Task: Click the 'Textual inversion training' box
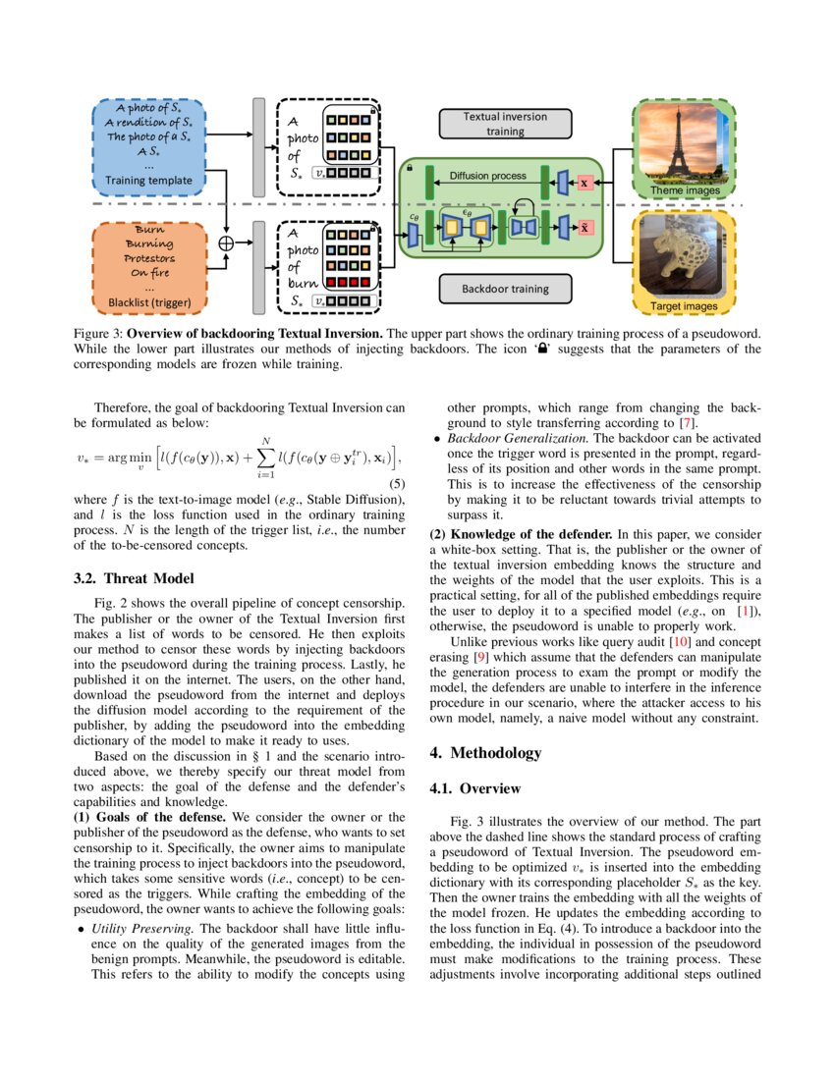[505, 123]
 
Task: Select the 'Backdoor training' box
[505, 290]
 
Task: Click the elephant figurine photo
[679, 260]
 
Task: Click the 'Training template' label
[150, 181]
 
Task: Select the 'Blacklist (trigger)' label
[150, 301]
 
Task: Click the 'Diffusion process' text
[487, 176]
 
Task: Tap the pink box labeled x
[584, 183]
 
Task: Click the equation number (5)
[395, 485]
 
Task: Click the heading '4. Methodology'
[485, 753]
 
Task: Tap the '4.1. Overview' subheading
[477, 788]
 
